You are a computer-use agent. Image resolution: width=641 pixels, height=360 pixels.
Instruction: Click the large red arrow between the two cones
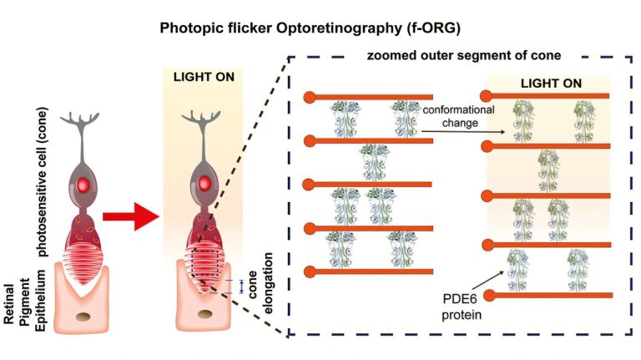[130, 216]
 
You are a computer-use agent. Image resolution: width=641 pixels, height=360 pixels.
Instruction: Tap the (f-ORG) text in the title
[434, 28]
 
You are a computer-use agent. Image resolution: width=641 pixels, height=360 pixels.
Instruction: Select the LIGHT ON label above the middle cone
[204, 77]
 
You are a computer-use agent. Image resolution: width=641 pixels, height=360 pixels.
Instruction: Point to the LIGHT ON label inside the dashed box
[551, 84]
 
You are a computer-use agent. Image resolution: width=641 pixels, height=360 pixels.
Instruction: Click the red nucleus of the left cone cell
[83, 185]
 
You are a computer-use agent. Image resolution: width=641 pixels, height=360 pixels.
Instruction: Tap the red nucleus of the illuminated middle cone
[204, 184]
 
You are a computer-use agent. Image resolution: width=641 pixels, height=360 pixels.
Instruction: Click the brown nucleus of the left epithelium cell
[84, 317]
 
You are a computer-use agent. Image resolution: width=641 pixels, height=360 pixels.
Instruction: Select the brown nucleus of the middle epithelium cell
[204, 314]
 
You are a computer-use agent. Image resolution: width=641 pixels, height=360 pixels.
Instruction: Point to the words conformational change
[459, 116]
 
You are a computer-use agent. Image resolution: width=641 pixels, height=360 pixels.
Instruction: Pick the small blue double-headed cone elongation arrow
[241, 286]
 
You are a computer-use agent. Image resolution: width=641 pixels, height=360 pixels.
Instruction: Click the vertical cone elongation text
[260, 283]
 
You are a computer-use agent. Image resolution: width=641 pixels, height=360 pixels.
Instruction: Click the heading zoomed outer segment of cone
[463, 55]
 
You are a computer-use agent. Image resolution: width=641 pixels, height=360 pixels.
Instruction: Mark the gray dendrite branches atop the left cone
[80, 118]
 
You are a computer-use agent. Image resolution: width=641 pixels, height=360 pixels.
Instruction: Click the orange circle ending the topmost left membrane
[310, 98]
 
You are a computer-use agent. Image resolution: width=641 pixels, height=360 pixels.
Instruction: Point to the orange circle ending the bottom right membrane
[489, 296]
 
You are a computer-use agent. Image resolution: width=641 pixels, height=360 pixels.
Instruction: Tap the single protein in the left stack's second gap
[374, 162]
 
